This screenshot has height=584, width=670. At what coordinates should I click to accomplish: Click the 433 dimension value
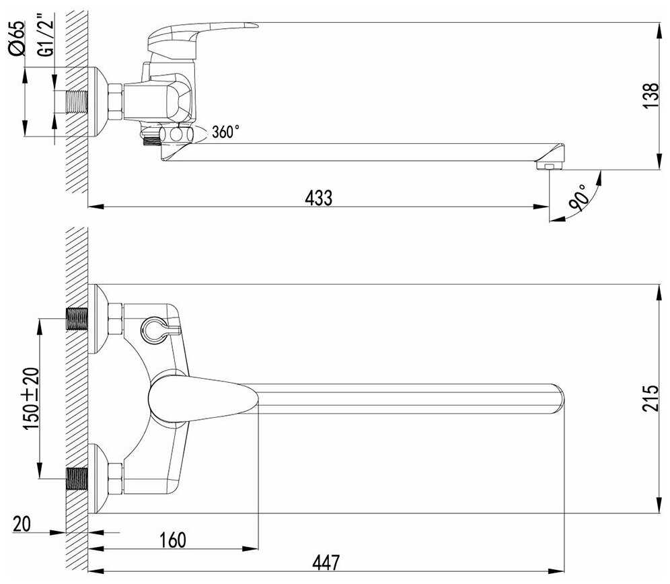[x=319, y=198]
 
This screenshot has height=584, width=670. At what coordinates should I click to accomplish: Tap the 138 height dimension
[x=650, y=96]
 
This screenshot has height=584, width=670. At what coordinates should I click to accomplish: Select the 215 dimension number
[x=650, y=398]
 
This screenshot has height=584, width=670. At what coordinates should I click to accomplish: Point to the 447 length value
[x=326, y=562]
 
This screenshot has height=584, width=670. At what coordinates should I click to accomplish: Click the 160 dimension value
[x=173, y=540]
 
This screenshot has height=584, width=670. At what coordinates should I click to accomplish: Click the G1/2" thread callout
[x=46, y=35]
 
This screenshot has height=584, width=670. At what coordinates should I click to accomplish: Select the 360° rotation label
[x=225, y=132]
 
